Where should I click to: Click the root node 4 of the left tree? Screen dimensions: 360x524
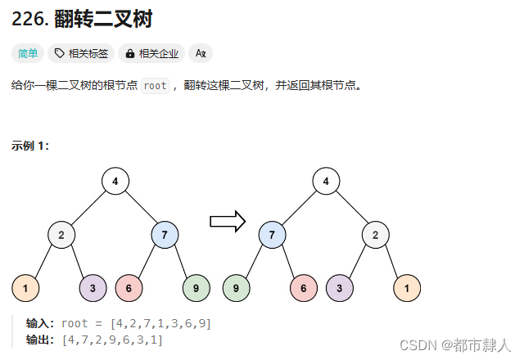tap(115, 181)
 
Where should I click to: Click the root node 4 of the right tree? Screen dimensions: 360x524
tap(326, 181)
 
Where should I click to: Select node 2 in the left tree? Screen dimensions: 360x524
tap(61, 235)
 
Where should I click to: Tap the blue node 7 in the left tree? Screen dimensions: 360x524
tap(165, 235)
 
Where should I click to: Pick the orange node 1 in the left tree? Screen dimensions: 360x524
tap(25, 288)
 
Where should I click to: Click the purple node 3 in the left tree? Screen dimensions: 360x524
tap(93, 288)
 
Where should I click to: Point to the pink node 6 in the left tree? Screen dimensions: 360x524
tap(129, 288)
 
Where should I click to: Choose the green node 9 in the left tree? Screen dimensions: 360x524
tap(196, 288)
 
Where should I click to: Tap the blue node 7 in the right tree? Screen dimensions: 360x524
tap(272, 235)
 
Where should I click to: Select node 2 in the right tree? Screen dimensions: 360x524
tap(376, 235)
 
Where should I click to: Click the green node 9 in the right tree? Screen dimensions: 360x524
tap(236, 288)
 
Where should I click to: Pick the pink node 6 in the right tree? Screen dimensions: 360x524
tap(304, 288)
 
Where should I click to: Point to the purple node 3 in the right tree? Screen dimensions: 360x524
tap(339, 288)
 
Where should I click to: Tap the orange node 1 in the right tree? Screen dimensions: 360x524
tap(407, 288)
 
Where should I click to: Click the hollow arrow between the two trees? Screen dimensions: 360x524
tap(228, 221)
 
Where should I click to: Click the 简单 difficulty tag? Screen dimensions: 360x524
tap(28, 54)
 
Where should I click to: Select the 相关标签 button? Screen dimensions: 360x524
tap(81, 54)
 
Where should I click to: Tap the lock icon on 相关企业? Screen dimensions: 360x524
tap(129, 54)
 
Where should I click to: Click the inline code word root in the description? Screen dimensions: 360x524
tap(155, 86)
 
